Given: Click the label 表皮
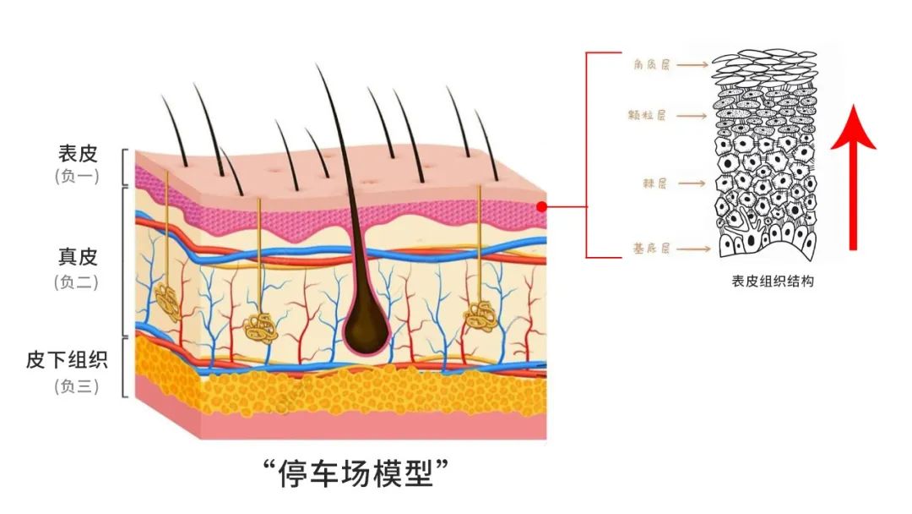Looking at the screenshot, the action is pos(78,154).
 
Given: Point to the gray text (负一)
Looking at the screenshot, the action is pos(78,178).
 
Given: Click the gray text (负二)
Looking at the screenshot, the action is pos(78,282).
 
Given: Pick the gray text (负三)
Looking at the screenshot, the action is pos(78,386).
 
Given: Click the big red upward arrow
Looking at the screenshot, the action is pos(853,178).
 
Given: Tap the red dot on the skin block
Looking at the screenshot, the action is pos(541,205).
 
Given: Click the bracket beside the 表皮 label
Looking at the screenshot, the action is pos(126,167).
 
